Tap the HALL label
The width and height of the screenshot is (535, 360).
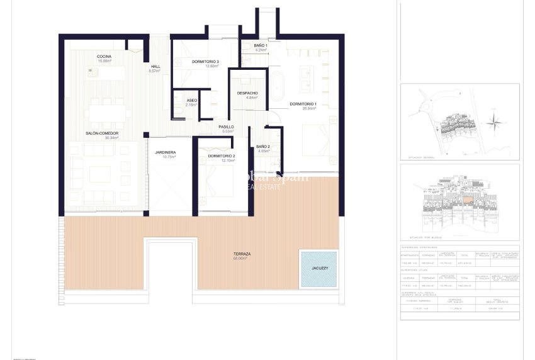click(155, 67)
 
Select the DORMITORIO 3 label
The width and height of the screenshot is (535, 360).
click(205, 61)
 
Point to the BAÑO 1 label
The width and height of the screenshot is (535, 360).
click(261, 46)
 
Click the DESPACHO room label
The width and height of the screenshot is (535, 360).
click(247, 93)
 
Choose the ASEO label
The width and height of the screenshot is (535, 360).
click(192, 101)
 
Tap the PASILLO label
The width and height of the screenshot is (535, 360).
click(226, 127)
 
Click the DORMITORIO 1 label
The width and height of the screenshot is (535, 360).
click(303, 104)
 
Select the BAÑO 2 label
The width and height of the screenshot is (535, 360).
click(263, 147)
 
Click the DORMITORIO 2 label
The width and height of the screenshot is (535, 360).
click(221, 156)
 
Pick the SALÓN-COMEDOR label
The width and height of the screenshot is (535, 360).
click(102, 133)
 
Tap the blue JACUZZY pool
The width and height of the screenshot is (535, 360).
click(319, 269)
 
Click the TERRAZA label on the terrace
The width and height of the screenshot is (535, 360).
click(241, 254)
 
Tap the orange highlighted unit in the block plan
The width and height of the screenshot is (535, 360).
click(468, 200)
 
